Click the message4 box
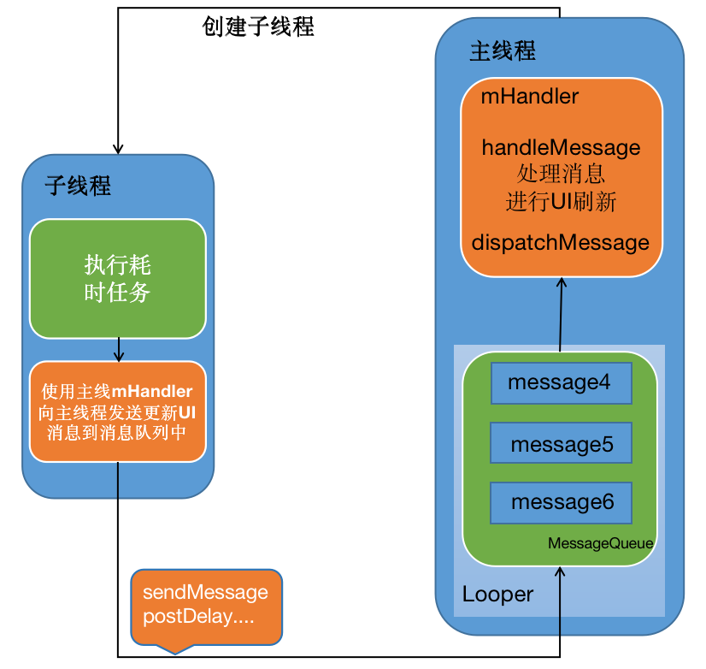coord(561,382)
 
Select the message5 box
coord(561,445)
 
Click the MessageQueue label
coord(600,543)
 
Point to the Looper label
coord(497,594)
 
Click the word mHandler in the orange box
coord(529,97)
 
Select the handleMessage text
coord(561,147)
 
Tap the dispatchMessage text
coord(560,242)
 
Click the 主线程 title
coord(503,51)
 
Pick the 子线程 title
coord(78,186)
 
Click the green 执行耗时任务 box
coord(118,279)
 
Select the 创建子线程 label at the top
coord(258,27)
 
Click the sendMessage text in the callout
coord(205,592)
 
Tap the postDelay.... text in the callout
coord(199,616)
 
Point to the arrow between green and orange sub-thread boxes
coord(119,349)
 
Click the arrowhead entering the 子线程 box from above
coord(117,148)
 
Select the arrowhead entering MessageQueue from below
coord(560,572)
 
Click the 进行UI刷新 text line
coord(561,203)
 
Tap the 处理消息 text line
coord(561,175)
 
